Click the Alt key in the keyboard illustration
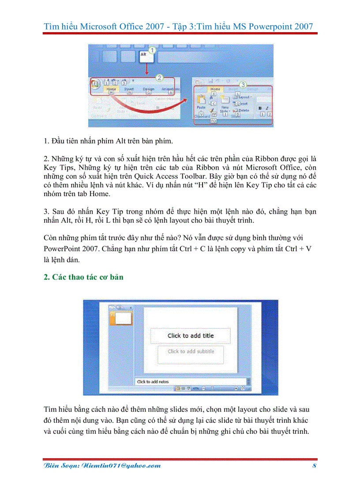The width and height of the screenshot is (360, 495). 145,56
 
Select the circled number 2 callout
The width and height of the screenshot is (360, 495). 160,78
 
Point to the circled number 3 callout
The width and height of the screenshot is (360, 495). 242,84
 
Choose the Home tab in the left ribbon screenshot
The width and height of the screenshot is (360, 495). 112,89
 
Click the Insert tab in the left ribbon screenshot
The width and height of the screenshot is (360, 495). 129,89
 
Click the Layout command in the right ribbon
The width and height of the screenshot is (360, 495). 244,97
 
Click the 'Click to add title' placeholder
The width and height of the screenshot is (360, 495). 190,336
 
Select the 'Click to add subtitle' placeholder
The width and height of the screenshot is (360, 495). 191,352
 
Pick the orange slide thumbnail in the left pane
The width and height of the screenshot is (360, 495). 124,318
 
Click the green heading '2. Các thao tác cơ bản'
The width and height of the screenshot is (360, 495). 83,277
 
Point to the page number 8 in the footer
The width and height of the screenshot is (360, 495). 315,465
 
